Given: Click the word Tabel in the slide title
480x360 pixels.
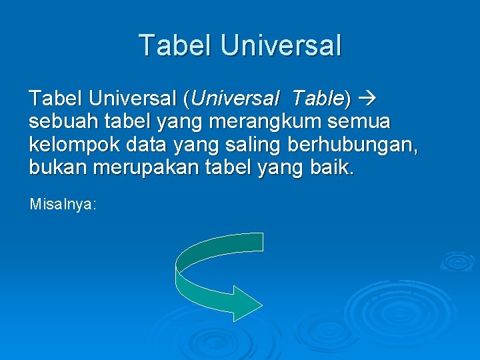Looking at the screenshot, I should (x=175, y=45).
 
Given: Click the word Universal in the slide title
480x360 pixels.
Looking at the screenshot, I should (x=280, y=45).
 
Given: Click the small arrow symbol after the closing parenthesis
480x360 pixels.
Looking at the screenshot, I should (x=367, y=99).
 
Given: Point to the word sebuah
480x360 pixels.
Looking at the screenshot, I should (x=61, y=122).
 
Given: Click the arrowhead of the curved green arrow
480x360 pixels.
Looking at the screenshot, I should (x=250, y=303).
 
